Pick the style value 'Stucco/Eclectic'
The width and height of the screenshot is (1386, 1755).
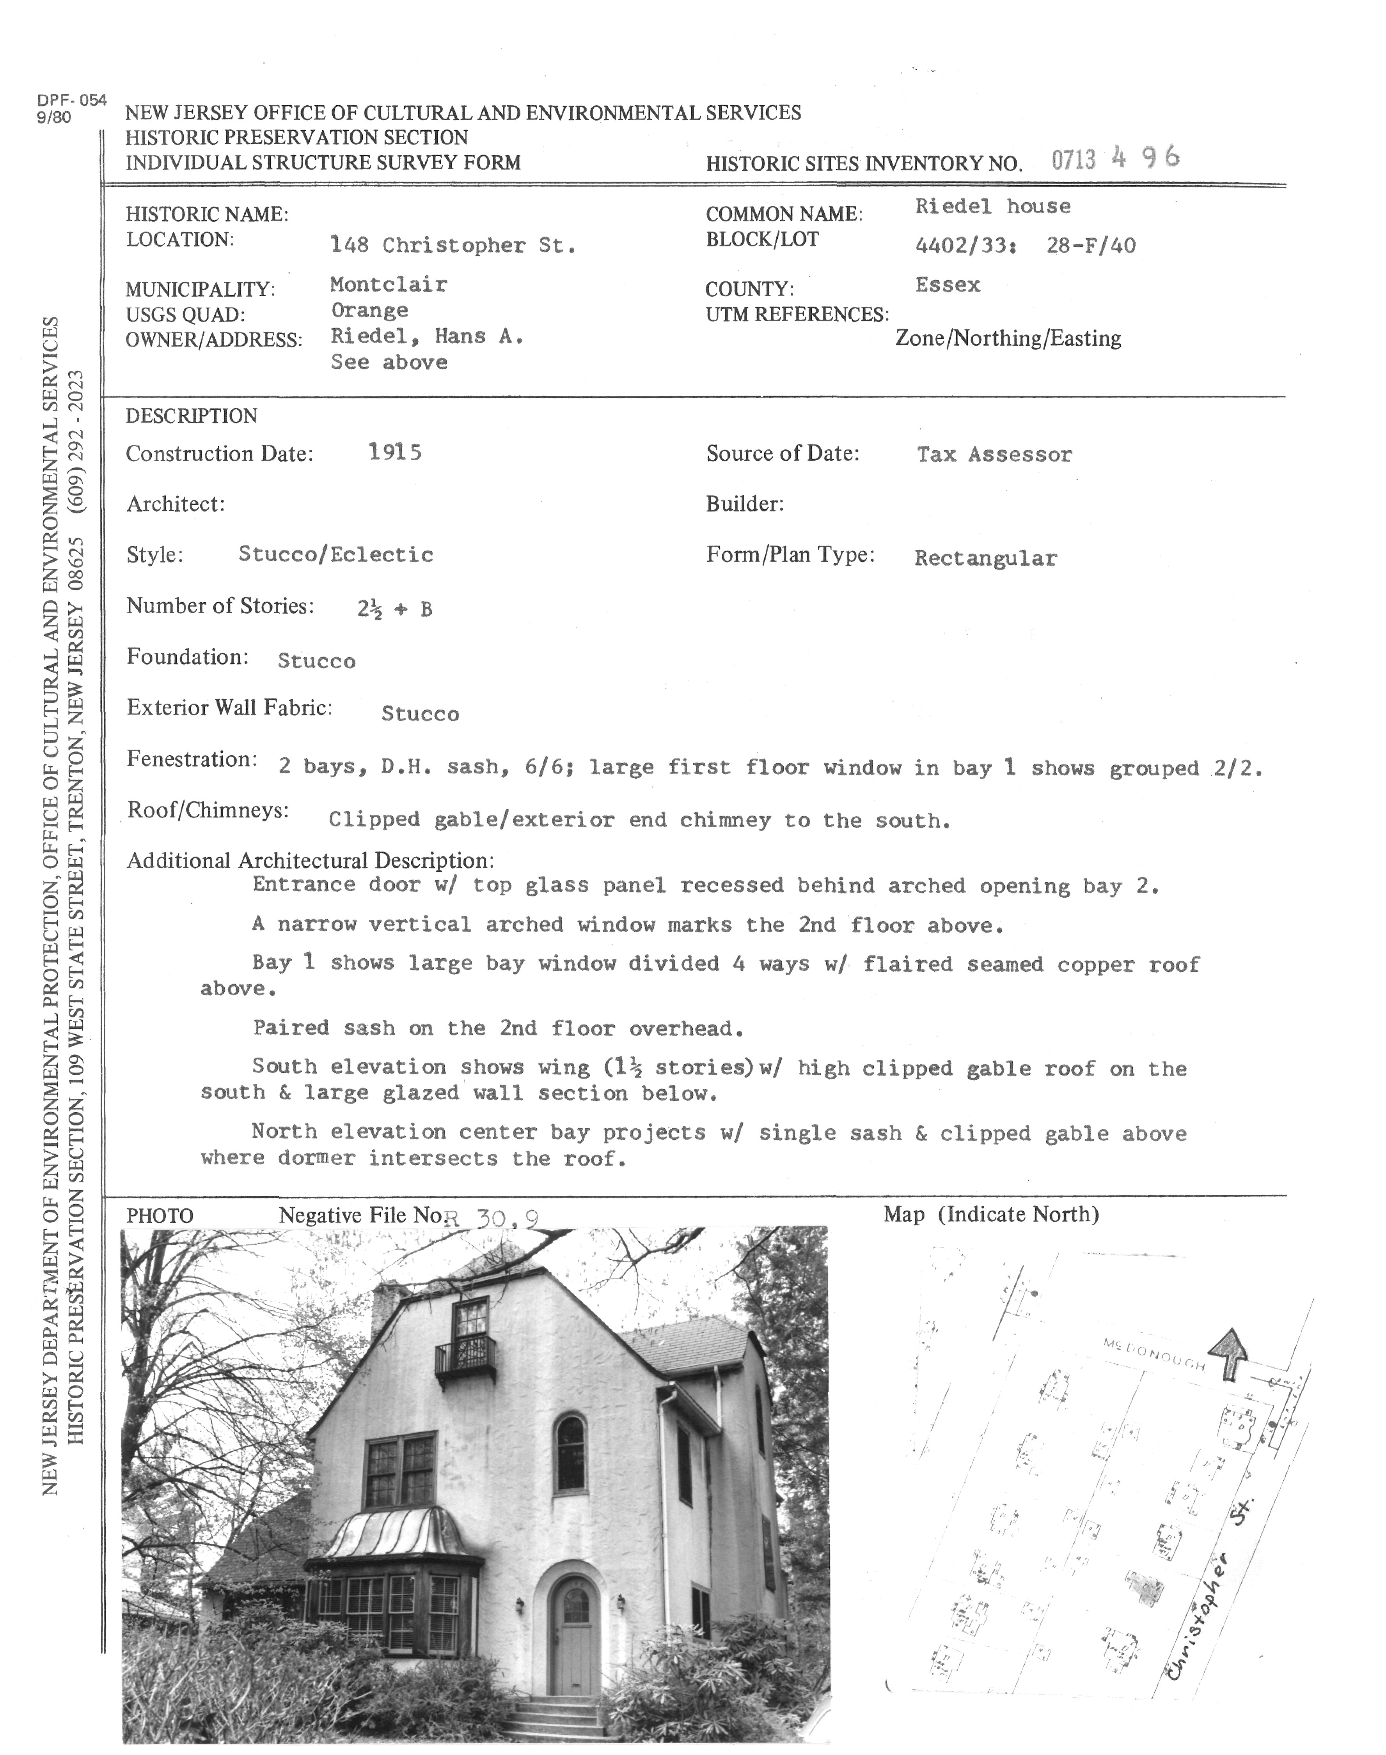(x=336, y=555)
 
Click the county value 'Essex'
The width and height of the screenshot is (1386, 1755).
(x=948, y=285)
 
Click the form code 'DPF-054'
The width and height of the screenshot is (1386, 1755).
(x=71, y=101)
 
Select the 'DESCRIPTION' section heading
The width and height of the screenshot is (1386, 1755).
(x=192, y=416)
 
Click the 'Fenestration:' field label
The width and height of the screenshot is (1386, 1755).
(x=192, y=760)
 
